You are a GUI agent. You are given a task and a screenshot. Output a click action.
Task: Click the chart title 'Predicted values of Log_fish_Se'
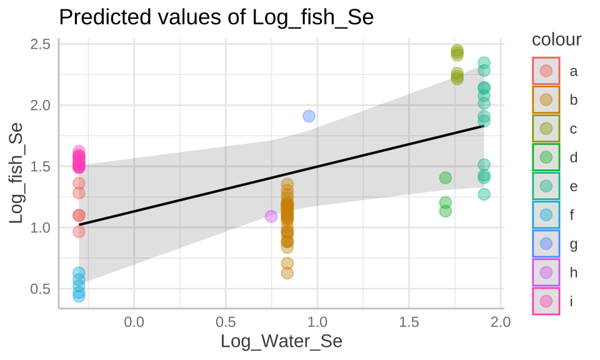pos(216,17)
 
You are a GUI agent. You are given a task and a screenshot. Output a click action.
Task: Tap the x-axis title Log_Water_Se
pos(281,341)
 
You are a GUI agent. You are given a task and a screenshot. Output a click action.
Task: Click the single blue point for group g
pos(309,116)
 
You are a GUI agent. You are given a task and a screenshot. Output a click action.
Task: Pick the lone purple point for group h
pos(271,216)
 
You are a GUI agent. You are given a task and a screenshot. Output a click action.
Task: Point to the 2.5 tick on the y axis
pos(41,44)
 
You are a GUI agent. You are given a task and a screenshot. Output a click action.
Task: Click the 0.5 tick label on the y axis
pos(41,289)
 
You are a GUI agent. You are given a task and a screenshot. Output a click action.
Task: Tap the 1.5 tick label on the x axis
pos(409,322)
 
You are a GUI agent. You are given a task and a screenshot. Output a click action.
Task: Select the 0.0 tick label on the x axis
pos(134,322)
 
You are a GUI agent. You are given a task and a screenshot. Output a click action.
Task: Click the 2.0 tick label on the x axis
pos(501,322)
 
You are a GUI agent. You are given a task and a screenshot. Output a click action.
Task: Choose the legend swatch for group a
pos(546,71)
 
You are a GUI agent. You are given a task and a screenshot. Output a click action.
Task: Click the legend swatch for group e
pos(546,186)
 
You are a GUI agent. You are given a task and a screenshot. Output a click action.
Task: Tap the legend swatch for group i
pos(546,301)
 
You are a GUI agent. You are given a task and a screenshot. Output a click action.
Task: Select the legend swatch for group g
pos(546,244)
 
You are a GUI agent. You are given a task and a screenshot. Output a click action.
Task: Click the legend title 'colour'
pos(556,40)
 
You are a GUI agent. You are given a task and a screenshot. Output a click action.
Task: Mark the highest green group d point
pos(446,178)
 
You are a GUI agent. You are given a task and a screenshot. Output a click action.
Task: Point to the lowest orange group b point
pos(287,272)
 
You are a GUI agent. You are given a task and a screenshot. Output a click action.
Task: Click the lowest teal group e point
pos(484,194)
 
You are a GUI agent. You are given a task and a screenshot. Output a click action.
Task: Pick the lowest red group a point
pos(79,231)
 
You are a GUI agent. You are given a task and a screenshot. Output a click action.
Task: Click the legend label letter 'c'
pos(573,129)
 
